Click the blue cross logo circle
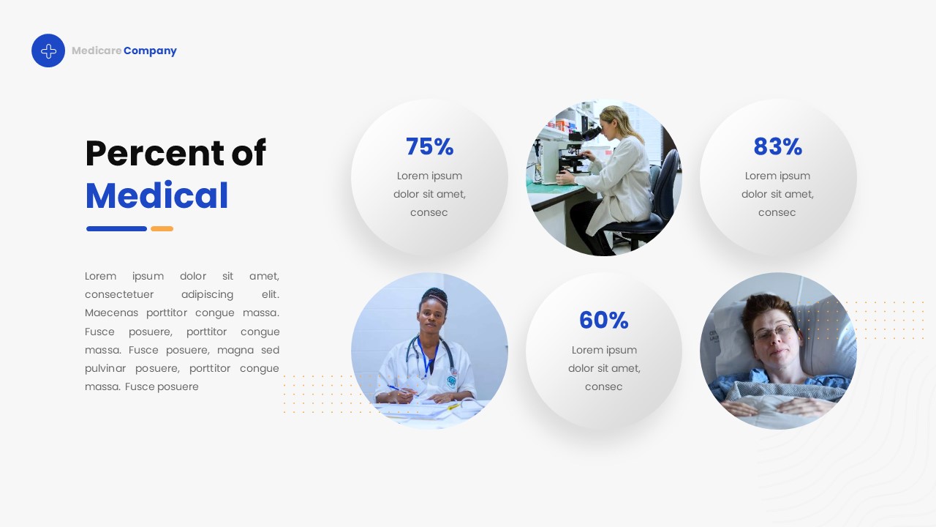tap(48, 51)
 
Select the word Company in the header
tap(150, 51)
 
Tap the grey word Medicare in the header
tap(97, 51)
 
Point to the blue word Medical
tap(156, 195)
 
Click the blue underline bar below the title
tap(116, 228)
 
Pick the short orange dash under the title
tap(162, 228)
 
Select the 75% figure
tap(429, 146)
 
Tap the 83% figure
tap(777, 146)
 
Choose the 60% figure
tap(603, 320)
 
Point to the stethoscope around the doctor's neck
tap(431, 359)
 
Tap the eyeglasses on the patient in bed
tap(774, 334)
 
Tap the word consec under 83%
tap(777, 212)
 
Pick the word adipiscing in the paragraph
tap(207, 294)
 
